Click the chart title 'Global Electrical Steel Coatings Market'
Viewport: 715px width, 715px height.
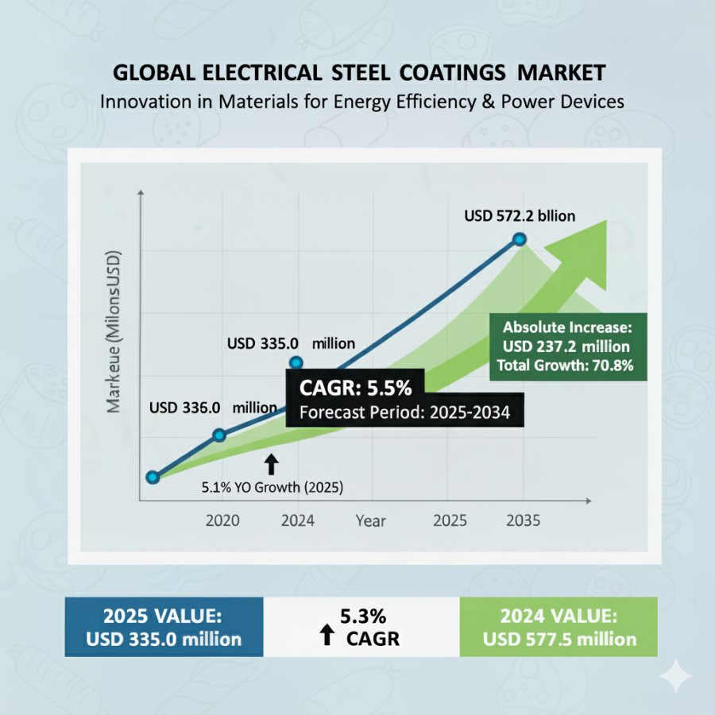click(x=359, y=73)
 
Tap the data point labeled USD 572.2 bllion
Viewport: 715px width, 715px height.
click(x=520, y=239)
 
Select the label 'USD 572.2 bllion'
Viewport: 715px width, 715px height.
click(x=520, y=215)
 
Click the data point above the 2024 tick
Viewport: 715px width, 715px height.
click(x=296, y=363)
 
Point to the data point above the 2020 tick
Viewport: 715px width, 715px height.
click(x=220, y=435)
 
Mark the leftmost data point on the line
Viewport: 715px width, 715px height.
click(x=153, y=477)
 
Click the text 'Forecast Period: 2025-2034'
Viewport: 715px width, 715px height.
click(x=404, y=412)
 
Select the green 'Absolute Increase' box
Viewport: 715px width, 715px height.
click(x=567, y=346)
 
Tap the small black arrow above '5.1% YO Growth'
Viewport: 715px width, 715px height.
click(x=272, y=464)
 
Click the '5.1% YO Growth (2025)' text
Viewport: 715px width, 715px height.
click(x=272, y=488)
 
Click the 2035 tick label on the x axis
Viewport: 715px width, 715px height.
click(x=523, y=521)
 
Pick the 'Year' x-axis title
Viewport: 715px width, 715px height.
click(x=370, y=521)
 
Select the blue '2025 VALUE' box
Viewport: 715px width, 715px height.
click(x=164, y=627)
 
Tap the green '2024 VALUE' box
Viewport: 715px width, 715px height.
click(x=558, y=627)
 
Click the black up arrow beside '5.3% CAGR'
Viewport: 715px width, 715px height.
click(x=326, y=635)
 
